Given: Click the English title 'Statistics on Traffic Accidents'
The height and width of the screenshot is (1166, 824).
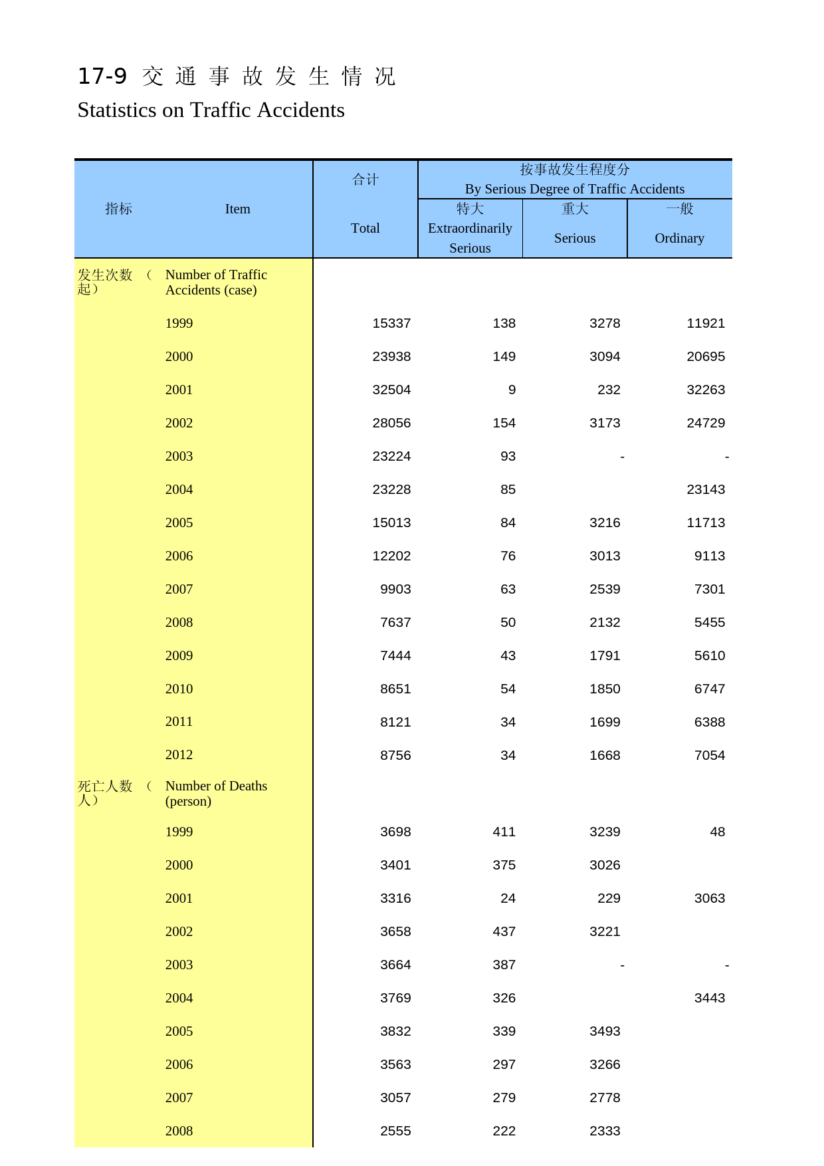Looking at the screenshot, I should [211, 110].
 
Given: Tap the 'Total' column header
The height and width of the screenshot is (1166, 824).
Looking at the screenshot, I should [365, 228].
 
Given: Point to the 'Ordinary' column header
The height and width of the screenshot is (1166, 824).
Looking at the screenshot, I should [679, 238].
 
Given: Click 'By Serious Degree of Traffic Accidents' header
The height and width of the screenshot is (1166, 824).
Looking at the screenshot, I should [574, 189].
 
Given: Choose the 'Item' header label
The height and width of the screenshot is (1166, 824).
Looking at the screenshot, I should [237, 209].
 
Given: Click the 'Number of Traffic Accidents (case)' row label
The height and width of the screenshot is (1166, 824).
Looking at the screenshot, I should [216, 282].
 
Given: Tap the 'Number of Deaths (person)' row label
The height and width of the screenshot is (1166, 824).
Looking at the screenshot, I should [216, 793].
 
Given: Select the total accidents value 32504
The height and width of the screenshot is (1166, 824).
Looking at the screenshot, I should [391, 390].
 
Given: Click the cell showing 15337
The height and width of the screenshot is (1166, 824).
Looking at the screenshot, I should [391, 323].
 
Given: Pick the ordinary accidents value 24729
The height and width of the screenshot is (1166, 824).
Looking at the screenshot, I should [706, 423].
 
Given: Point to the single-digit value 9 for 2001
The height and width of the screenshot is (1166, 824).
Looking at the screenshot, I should [512, 390].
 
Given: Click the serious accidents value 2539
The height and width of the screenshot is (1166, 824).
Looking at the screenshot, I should [605, 589].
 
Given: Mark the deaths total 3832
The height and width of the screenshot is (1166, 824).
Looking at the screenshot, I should [395, 1031].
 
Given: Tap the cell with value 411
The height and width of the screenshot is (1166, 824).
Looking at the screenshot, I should [504, 832].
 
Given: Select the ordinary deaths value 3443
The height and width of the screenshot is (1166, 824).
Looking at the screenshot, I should [710, 998].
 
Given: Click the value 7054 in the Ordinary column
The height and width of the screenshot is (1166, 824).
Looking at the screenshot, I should [710, 755].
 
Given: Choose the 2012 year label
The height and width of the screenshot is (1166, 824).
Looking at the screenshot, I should [179, 755].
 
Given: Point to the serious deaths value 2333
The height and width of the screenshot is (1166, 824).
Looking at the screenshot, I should [605, 1131].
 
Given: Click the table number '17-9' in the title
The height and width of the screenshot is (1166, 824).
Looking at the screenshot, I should [102, 76].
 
